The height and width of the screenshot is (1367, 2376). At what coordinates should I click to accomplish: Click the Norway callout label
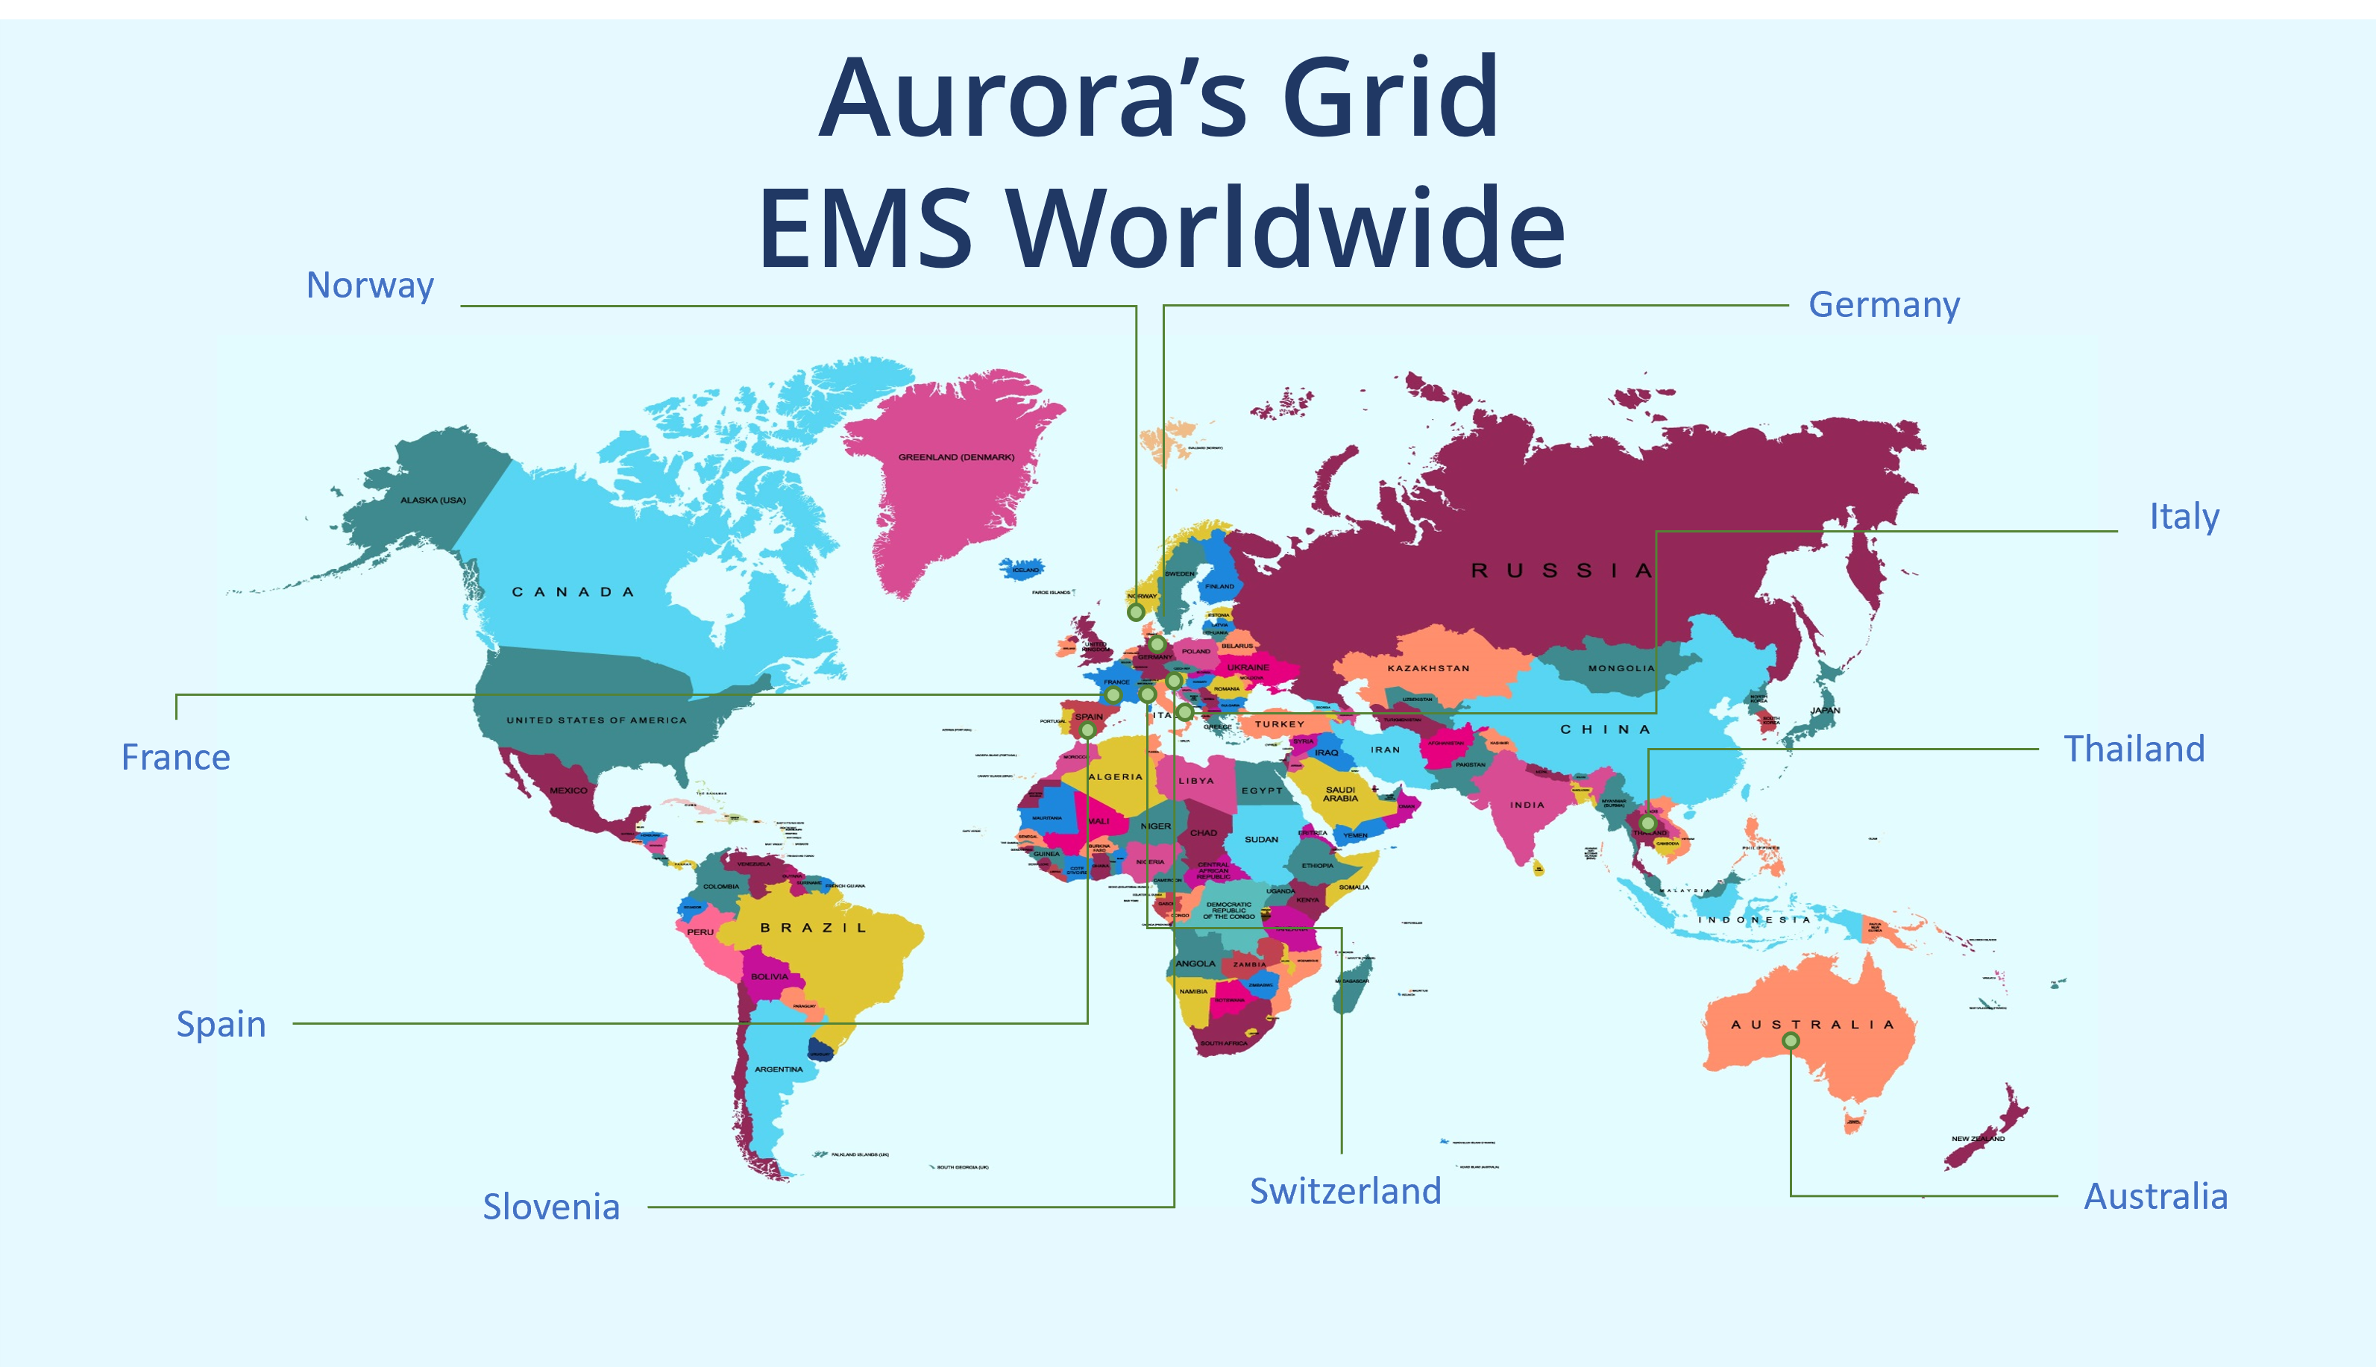370,286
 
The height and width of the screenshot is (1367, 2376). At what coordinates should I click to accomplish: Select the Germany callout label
1883,305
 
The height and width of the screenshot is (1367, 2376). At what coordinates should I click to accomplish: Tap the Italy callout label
2184,516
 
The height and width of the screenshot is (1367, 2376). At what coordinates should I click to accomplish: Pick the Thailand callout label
2133,750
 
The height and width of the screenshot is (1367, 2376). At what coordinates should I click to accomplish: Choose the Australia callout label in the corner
2155,1197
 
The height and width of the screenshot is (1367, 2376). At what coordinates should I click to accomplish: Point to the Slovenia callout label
551,1207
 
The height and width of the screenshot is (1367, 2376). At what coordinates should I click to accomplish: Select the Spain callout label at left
221,1024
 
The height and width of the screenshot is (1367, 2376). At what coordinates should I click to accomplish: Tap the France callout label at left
175,758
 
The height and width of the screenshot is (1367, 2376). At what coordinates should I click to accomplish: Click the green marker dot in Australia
1791,1040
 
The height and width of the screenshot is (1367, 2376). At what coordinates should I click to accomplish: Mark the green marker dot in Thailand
1647,823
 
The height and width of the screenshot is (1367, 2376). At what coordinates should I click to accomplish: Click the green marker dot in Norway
1136,612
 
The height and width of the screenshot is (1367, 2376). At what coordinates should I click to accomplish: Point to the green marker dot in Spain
1087,729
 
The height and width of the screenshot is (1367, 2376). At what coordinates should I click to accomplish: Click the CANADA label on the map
573,591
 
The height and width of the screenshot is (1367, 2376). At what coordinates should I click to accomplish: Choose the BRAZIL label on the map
813,928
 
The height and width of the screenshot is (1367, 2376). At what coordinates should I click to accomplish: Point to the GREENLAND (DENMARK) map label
955,457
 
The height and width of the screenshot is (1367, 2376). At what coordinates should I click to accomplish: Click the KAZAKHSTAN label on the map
1428,668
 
